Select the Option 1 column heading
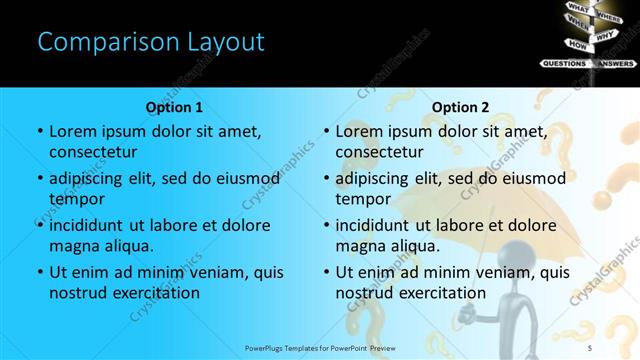(x=174, y=107)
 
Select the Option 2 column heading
(x=460, y=107)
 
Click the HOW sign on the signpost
(x=577, y=45)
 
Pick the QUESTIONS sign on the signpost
(x=564, y=63)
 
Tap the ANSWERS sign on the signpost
(x=612, y=63)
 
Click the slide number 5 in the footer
(x=618, y=347)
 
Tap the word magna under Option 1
(x=74, y=246)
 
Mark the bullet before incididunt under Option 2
(x=326, y=226)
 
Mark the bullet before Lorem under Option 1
(x=40, y=132)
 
